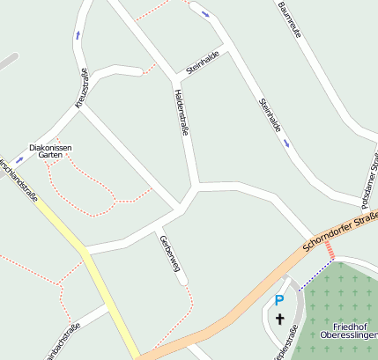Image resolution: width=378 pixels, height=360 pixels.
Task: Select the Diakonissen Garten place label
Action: tap(50, 151)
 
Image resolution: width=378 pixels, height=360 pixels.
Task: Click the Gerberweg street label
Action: tap(169, 259)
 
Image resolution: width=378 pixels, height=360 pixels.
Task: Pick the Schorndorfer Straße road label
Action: tap(339, 231)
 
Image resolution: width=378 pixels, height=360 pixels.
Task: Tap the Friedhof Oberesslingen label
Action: tap(348, 330)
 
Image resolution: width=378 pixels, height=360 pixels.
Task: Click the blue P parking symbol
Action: tap(279, 300)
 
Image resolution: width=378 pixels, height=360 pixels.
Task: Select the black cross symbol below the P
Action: tap(280, 319)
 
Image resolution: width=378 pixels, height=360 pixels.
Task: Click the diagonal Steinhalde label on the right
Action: tap(271, 115)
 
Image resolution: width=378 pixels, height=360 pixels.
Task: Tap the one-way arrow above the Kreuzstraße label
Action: tap(78, 35)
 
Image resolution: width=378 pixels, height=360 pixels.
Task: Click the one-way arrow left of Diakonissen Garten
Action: tap(19, 160)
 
